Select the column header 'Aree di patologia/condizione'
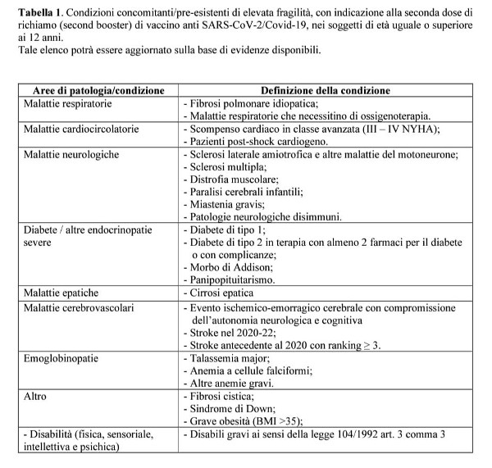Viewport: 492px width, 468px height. coord(99,91)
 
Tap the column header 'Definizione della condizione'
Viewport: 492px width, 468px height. coord(325,91)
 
